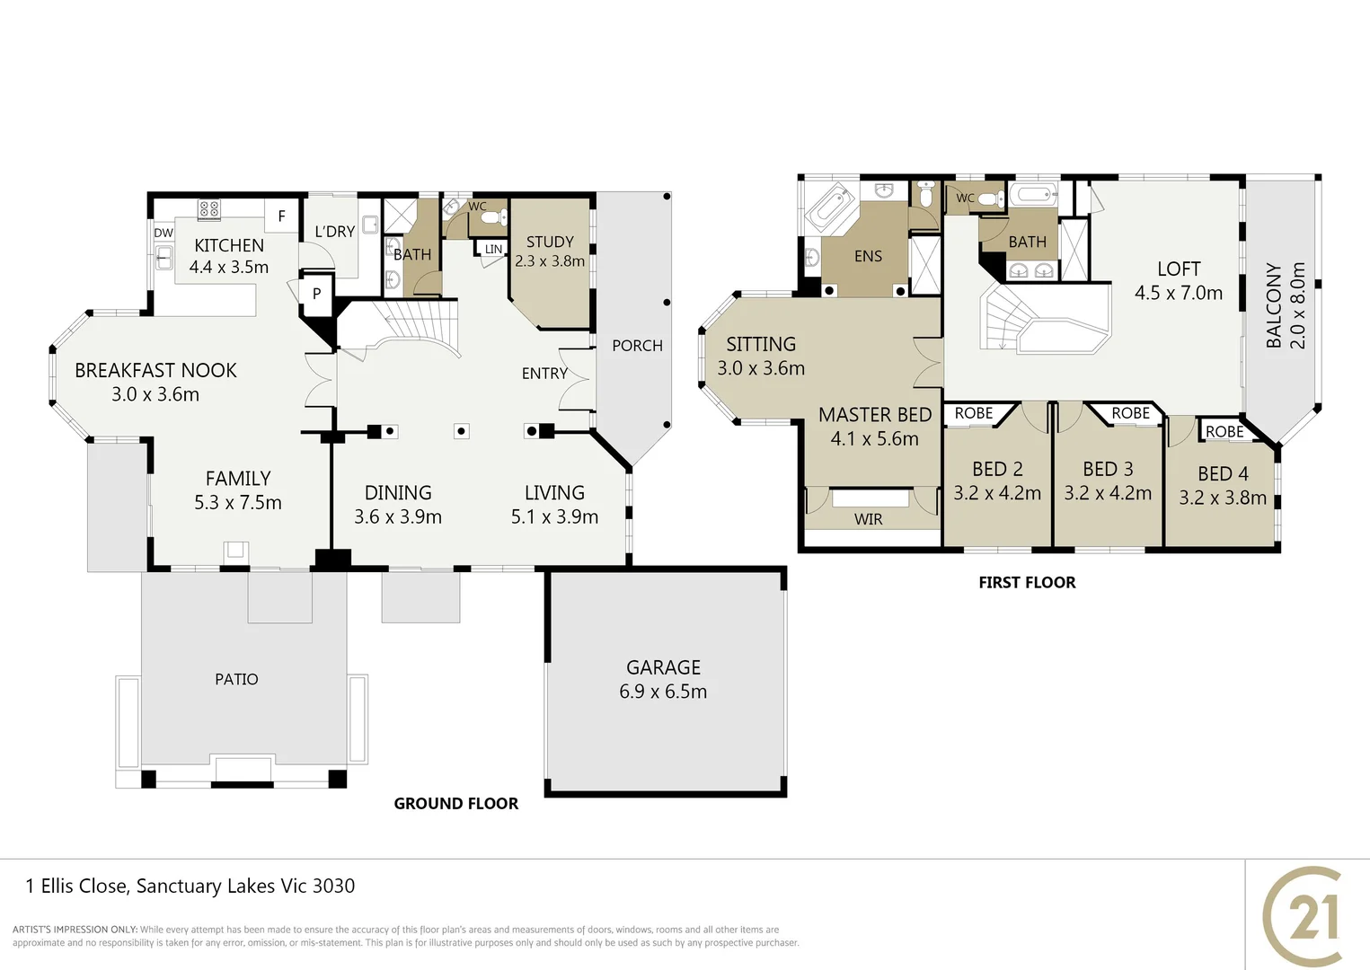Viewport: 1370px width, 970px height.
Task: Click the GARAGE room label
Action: (663, 667)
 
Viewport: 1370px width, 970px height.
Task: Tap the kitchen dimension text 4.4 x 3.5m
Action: (228, 268)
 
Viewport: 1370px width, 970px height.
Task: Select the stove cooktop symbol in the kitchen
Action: (208, 210)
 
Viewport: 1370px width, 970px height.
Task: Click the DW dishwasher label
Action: (164, 233)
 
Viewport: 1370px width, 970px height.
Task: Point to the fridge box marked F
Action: (281, 216)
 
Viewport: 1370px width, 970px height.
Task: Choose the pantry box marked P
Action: (316, 294)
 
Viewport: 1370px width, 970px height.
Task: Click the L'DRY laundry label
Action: (334, 232)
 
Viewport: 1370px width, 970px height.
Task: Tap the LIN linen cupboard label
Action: (493, 250)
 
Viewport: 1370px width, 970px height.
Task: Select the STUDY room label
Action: (550, 242)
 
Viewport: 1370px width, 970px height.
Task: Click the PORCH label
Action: (637, 346)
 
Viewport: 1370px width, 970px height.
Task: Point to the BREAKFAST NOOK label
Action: (155, 370)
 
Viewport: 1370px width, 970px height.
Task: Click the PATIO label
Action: (236, 680)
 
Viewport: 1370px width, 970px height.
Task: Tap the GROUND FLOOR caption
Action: (455, 804)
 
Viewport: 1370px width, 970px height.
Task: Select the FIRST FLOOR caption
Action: (1027, 583)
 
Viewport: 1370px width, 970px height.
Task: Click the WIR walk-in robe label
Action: (868, 519)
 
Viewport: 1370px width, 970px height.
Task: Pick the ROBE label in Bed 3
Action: (1130, 413)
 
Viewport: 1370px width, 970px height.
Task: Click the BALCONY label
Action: (1274, 305)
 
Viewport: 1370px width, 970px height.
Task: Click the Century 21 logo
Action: (1304, 916)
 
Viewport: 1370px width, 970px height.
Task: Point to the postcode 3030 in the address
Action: (333, 886)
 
